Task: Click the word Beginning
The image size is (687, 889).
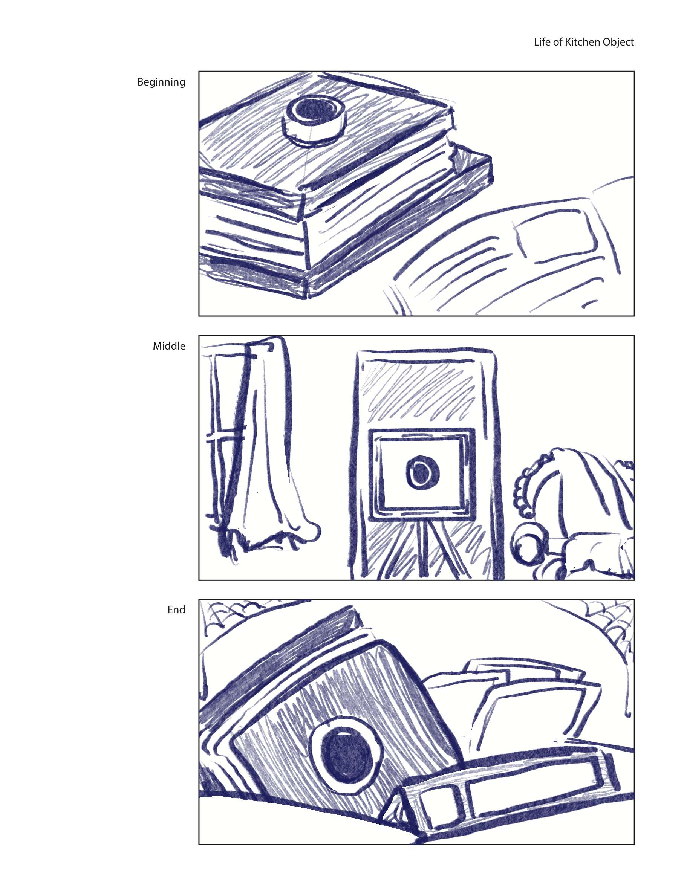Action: [x=161, y=82]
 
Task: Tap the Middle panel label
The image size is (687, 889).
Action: [x=169, y=346]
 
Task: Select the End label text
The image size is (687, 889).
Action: [x=176, y=610]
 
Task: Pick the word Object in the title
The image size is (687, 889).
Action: [x=618, y=42]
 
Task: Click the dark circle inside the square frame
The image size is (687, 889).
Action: [x=423, y=472]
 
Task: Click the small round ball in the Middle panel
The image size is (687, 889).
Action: [x=529, y=544]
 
